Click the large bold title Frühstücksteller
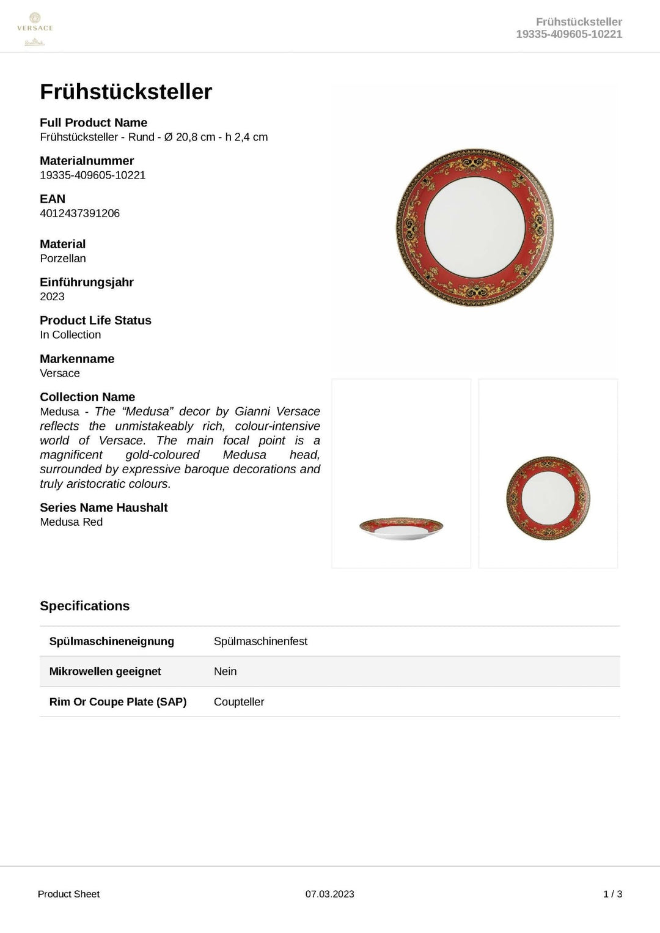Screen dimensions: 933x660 [x=126, y=92]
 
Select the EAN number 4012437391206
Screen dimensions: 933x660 [x=79, y=213]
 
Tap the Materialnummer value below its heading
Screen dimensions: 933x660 [x=92, y=175]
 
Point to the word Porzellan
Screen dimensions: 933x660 [x=63, y=259]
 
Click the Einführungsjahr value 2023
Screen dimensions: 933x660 [x=52, y=297]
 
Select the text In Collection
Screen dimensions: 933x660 [x=70, y=335]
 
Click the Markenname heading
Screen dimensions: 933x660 [x=77, y=359]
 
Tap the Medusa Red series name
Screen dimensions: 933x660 [x=71, y=522]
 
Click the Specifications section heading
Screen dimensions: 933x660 [x=85, y=606]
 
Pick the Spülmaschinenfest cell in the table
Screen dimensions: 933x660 [x=260, y=641]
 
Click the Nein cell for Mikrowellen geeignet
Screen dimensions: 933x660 [x=225, y=671]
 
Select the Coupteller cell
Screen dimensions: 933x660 [x=239, y=702]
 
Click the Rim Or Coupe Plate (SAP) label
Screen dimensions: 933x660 [x=118, y=702]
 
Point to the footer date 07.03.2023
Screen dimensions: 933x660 [x=330, y=894]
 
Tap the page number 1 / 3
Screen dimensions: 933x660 [x=612, y=894]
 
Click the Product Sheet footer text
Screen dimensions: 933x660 [x=68, y=894]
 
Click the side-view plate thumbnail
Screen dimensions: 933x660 [x=401, y=528]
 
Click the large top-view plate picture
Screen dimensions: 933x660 [x=475, y=227]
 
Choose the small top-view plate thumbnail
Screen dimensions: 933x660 [x=548, y=498]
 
